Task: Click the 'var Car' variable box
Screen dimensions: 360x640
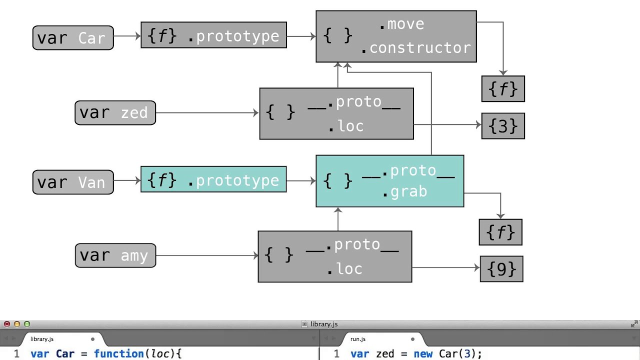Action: coord(73,38)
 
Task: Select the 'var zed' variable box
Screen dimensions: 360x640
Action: coord(115,112)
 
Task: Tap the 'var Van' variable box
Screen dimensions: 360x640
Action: coord(73,182)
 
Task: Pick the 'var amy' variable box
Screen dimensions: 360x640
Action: coord(115,255)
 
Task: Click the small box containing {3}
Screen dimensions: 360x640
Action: coord(502,126)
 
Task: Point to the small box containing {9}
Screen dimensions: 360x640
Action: coord(501,269)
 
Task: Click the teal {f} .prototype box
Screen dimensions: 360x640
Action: coord(213,179)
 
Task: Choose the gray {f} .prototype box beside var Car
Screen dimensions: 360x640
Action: coord(213,35)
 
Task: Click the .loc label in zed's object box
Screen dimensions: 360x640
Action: coord(345,126)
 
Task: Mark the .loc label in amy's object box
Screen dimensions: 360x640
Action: coord(344,269)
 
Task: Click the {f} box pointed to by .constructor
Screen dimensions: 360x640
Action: coord(503,89)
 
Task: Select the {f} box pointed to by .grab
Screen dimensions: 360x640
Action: coord(500,232)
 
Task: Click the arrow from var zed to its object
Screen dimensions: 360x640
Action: coord(207,113)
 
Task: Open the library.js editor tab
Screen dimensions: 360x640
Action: coord(42,339)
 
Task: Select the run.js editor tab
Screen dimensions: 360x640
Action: coord(358,339)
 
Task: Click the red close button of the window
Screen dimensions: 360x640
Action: coord(7,324)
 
